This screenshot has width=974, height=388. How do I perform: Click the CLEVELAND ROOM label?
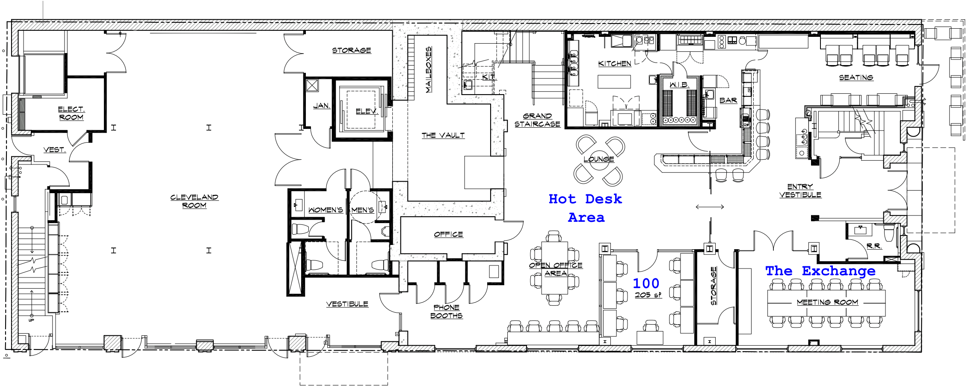click(194, 201)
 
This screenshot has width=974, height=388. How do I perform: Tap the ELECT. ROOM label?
click(71, 113)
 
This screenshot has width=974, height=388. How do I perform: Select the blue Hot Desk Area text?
click(585, 208)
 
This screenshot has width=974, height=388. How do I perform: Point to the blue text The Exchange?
click(820, 271)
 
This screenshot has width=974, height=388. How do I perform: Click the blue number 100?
click(646, 283)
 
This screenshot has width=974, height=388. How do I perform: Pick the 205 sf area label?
click(648, 295)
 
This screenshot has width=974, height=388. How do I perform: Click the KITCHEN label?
click(615, 63)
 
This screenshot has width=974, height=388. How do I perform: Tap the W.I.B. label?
click(679, 85)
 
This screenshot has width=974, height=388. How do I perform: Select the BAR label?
click(728, 100)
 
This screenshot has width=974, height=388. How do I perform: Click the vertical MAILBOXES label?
click(428, 70)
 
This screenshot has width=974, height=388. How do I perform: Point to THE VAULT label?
click(443, 135)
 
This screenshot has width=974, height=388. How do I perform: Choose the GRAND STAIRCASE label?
click(537, 120)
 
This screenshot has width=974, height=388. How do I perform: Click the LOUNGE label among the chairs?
click(598, 159)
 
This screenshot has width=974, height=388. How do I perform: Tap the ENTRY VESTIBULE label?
click(800, 191)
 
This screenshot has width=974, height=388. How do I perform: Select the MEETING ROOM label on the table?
click(827, 302)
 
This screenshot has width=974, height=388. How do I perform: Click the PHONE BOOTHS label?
click(446, 311)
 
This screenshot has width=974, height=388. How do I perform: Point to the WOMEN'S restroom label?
click(326, 210)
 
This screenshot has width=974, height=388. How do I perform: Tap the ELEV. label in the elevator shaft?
click(367, 111)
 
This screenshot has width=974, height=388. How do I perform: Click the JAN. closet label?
click(321, 105)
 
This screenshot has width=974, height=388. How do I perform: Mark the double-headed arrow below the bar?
click(710, 207)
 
